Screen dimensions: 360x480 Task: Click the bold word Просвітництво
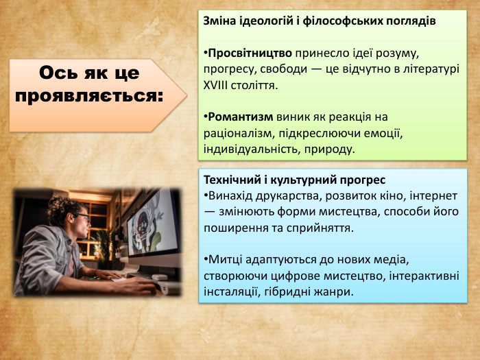coord(250,53)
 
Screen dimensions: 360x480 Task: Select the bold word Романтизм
coord(240,117)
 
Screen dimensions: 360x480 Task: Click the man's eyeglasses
coord(82,217)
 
